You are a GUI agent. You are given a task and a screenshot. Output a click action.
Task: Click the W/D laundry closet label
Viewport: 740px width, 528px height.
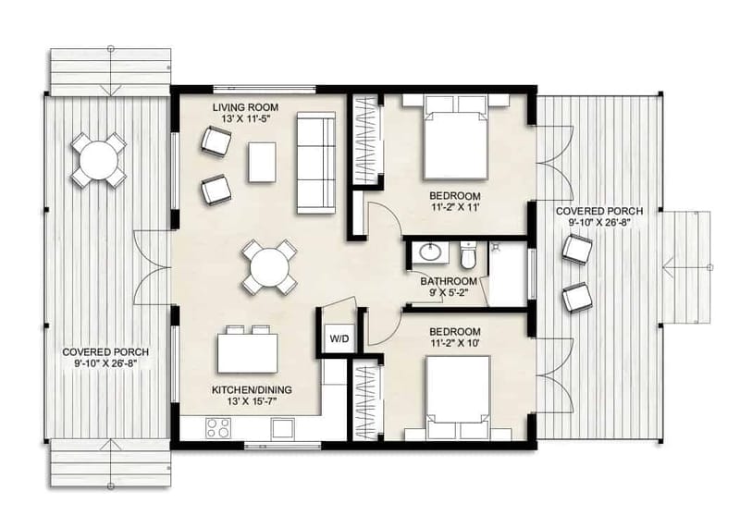tap(339, 339)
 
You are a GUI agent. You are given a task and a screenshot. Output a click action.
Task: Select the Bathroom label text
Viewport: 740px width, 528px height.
tap(449, 281)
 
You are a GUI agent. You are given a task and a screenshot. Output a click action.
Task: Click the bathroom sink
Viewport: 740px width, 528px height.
tap(430, 252)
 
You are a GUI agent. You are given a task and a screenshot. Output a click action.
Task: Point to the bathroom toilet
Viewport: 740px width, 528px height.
tap(468, 252)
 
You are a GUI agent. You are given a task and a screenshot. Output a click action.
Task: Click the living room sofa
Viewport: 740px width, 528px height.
tap(315, 160)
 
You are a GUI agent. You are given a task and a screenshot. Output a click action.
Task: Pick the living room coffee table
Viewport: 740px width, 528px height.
tap(262, 161)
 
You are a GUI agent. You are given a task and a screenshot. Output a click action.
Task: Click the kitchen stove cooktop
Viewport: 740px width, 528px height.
tap(219, 428)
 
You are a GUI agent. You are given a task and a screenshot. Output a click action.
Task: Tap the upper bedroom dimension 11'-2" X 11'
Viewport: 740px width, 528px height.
tap(454, 208)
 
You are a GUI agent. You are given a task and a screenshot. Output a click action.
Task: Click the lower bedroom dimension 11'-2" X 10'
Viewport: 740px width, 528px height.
tap(454, 344)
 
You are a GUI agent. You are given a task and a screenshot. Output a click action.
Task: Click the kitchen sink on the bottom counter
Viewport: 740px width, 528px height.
tap(282, 429)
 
